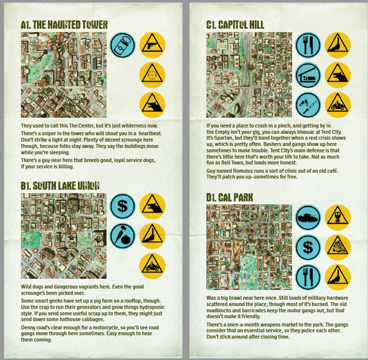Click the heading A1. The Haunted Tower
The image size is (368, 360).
pos(64,25)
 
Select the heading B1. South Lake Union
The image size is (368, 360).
pos(60,186)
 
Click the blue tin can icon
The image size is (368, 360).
pos(123,44)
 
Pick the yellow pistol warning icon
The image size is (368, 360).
pos(152,44)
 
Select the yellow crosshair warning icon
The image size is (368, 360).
pos(152,74)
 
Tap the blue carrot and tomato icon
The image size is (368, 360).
pos(123,236)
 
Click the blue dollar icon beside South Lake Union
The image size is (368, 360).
pos(123,206)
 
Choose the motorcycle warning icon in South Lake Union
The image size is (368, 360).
pos(152,265)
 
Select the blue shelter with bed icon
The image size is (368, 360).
pos(308,74)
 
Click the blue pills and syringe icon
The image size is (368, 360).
pos(308,104)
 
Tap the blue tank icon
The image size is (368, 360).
pos(308,217)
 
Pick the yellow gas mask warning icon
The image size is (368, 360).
pos(338,217)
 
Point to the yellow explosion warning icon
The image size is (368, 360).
pos(338,247)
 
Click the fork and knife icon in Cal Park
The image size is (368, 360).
pos(308,277)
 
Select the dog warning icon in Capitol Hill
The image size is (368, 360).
pos(338,74)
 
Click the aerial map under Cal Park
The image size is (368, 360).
pos(249,247)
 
